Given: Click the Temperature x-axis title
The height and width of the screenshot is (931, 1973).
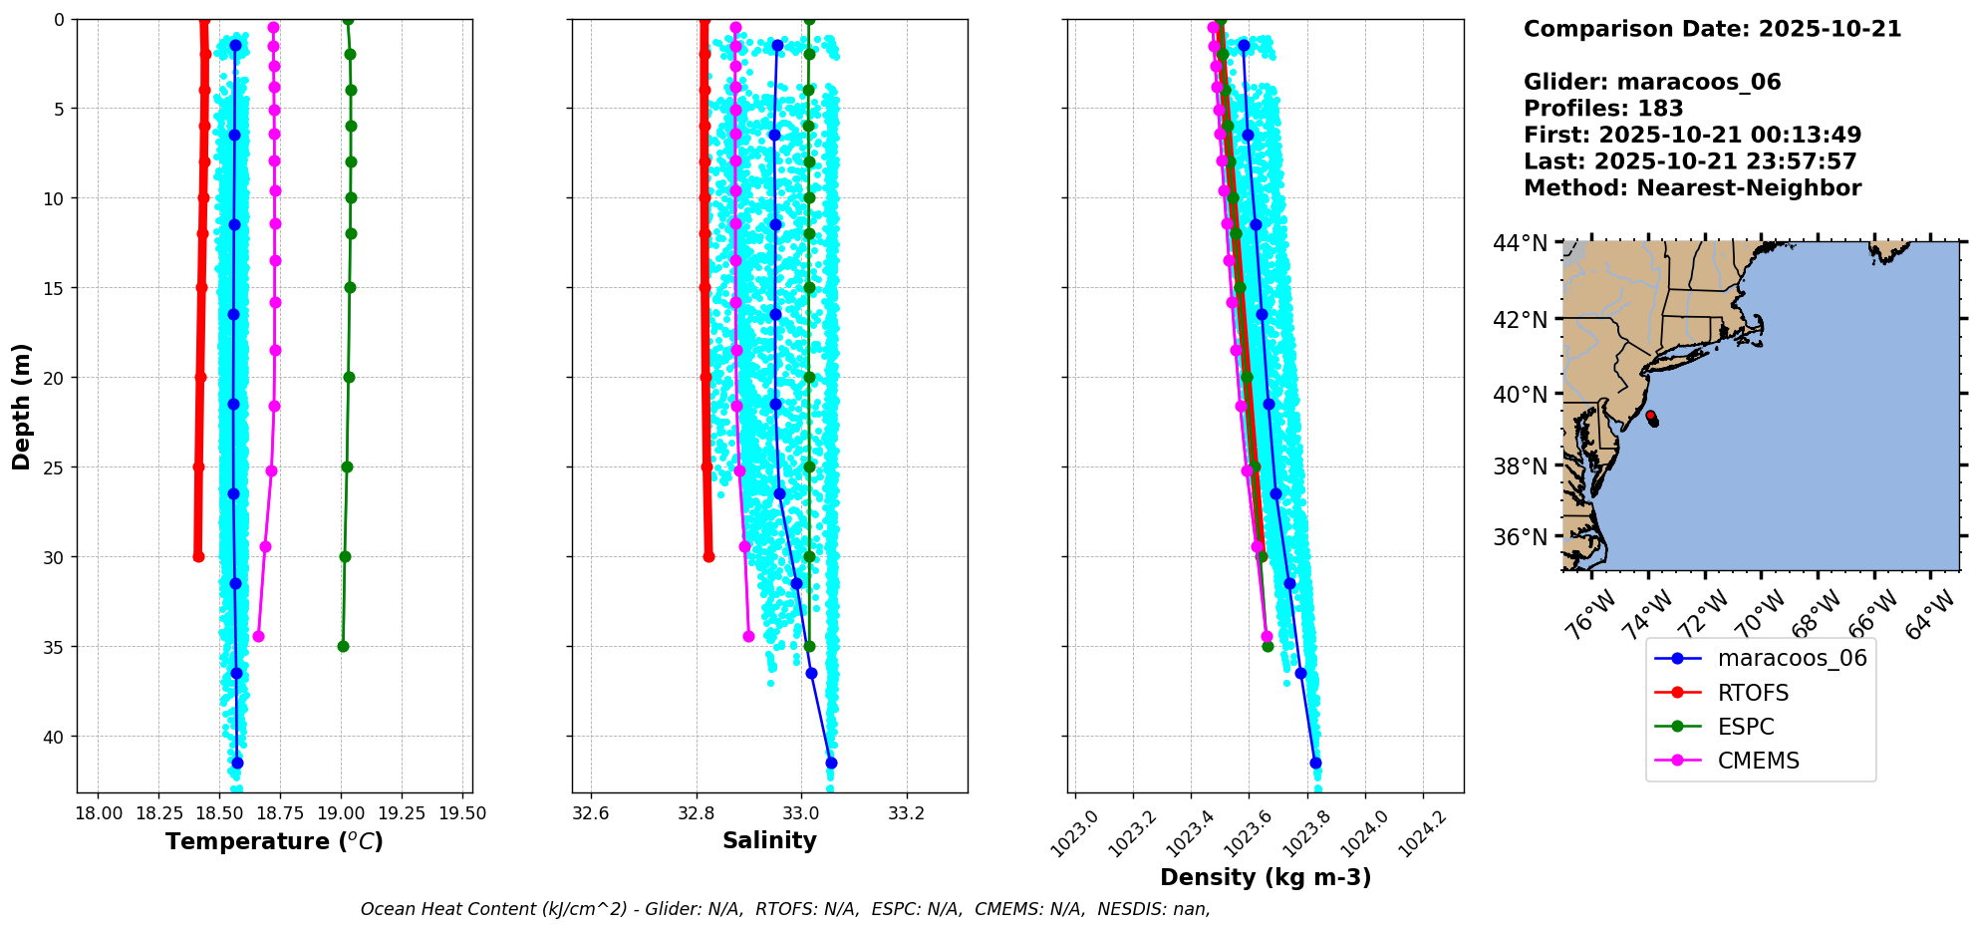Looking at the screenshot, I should pyautogui.click(x=274, y=841).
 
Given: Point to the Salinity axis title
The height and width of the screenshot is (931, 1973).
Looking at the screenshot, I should pyautogui.click(x=769, y=840).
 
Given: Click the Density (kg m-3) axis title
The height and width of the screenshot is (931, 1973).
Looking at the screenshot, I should pyautogui.click(x=1266, y=877).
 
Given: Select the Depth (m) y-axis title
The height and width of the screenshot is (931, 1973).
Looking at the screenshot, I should pyautogui.click(x=22, y=406).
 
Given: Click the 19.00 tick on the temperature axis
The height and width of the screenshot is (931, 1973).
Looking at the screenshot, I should pyautogui.click(x=341, y=813).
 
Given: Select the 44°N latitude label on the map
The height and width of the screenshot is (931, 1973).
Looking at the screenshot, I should pyautogui.click(x=1520, y=243).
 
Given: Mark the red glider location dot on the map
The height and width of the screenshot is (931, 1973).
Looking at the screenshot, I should pyautogui.click(x=1650, y=416).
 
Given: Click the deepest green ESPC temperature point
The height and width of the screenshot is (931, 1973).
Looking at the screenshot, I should pyautogui.click(x=343, y=646).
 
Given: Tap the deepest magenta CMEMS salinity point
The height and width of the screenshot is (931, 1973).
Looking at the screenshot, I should pyautogui.click(x=748, y=636).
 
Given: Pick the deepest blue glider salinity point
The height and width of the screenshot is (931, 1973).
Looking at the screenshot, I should pyautogui.click(x=831, y=763).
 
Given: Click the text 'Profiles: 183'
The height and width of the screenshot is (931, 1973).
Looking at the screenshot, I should pyautogui.click(x=1603, y=109).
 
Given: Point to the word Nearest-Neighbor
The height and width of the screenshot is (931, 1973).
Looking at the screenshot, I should pyautogui.click(x=1749, y=188).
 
